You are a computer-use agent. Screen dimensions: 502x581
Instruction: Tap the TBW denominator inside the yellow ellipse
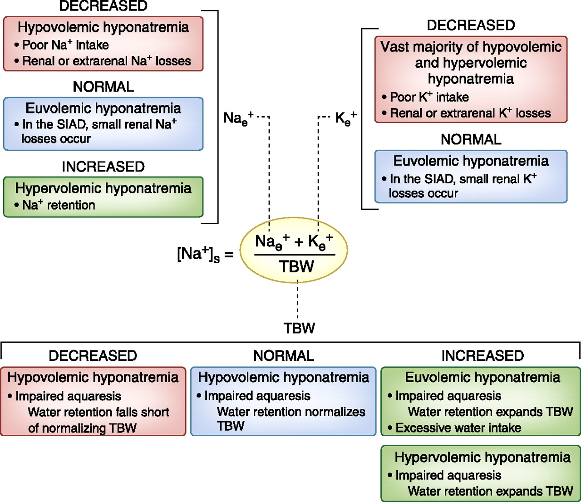pyautogui.click(x=296, y=266)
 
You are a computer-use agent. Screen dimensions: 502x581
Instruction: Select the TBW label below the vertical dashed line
pyautogui.click(x=299, y=328)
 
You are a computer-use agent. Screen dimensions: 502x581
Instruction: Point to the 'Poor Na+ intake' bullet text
pyautogui.click(x=65, y=45)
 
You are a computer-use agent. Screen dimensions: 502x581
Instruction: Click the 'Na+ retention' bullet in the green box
pyautogui.click(x=59, y=205)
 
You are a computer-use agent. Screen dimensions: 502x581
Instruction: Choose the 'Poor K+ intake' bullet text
pyautogui.click(x=429, y=97)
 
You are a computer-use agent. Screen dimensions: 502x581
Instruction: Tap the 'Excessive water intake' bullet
pyautogui.click(x=458, y=428)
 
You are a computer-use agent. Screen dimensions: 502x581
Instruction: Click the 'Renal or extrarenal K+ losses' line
pyautogui.click(x=470, y=113)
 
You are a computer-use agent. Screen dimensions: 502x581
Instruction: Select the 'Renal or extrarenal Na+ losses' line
pyautogui.click(x=107, y=61)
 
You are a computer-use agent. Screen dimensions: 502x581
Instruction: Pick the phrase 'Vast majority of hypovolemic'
pyautogui.click(x=471, y=47)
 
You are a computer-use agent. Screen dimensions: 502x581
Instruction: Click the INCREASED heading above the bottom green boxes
pyautogui.click(x=483, y=356)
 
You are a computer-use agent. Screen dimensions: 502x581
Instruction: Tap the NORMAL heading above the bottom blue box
pyautogui.click(x=283, y=356)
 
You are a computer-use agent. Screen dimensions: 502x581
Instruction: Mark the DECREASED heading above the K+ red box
pyautogui.click(x=471, y=25)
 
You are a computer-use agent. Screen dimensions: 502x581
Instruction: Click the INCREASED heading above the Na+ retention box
pyautogui.click(x=103, y=167)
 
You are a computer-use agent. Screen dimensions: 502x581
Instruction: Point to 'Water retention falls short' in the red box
pyautogui.click(x=98, y=412)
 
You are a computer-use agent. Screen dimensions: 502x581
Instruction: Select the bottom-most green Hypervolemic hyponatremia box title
pyautogui.click(x=482, y=458)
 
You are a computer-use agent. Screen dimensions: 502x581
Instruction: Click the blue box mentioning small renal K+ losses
pyautogui.click(x=471, y=177)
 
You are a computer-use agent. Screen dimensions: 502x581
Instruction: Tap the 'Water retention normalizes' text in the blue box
pyautogui.click(x=291, y=412)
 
